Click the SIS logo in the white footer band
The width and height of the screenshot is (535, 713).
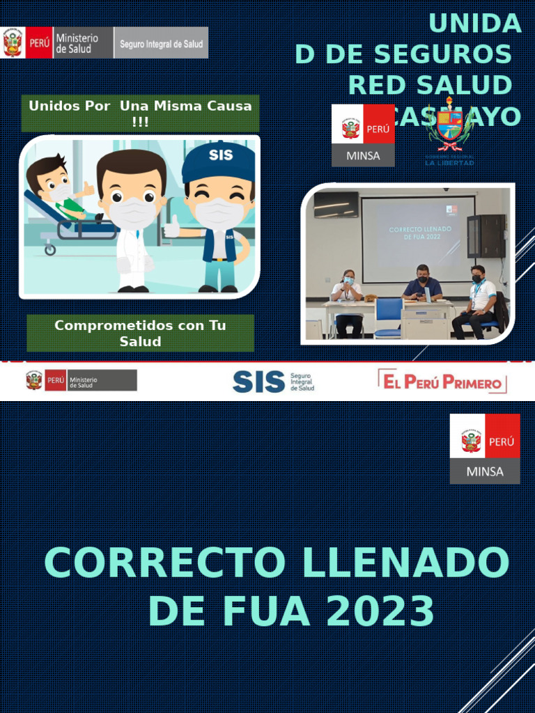272,381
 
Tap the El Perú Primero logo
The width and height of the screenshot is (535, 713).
442,382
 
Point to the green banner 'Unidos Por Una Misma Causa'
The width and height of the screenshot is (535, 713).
140,113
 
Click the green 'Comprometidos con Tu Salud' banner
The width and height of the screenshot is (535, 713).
140,333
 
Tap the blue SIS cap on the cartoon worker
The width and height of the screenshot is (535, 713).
218,160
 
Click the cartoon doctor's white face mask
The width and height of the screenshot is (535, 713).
132,213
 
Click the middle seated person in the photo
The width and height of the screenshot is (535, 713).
422,285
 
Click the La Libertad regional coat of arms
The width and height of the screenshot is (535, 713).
450,128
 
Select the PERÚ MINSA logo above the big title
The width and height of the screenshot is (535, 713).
485,448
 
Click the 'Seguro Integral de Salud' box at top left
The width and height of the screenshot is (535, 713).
161,43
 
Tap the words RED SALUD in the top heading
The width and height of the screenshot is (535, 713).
430,85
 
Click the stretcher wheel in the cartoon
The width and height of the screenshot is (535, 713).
50,250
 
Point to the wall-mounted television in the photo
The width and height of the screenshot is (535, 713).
336,205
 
